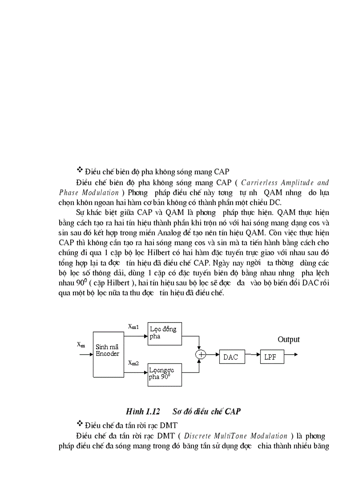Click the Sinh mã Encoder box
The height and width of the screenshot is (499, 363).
click(x=108, y=354)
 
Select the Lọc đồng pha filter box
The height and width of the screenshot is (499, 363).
click(x=165, y=333)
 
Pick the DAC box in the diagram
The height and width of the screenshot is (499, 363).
click(x=231, y=357)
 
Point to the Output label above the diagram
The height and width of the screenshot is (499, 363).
click(x=289, y=339)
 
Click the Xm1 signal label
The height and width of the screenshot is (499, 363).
click(x=133, y=327)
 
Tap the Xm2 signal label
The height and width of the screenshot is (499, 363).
click(x=133, y=363)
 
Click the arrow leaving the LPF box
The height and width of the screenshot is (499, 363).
click(x=291, y=355)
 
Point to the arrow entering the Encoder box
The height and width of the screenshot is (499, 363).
click(x=85, y=355)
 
